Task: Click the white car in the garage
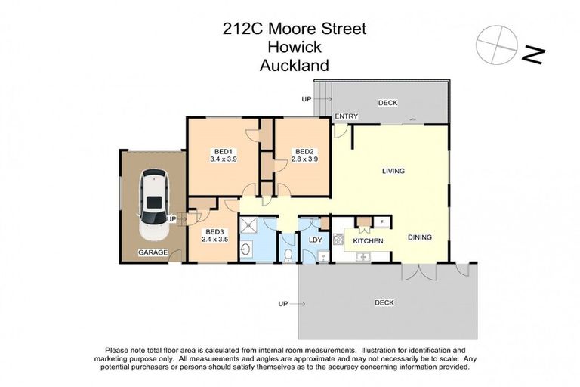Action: (x=153, y=197)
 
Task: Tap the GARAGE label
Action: (x=152, y=252)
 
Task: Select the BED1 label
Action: (x=224, y=150)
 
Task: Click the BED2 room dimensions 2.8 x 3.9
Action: (x=304, y=159)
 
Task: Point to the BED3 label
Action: (x=214, y=231)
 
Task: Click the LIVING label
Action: (x=393, y=171)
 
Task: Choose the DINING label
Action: (x=420, y=237)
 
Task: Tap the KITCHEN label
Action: (x=369, y=240)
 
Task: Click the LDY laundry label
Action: (x=316, y=240)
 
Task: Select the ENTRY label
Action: (x=347, y=116)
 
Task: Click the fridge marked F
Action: (x=383, y=222)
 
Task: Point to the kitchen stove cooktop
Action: (x=338, y=240)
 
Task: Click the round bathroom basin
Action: (x=246, y=249)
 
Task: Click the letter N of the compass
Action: (x=533, y=54)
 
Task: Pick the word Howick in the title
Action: (x=295, y=47)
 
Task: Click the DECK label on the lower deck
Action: (x=384, y=302)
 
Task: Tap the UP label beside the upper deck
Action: (x=306, y=99)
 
